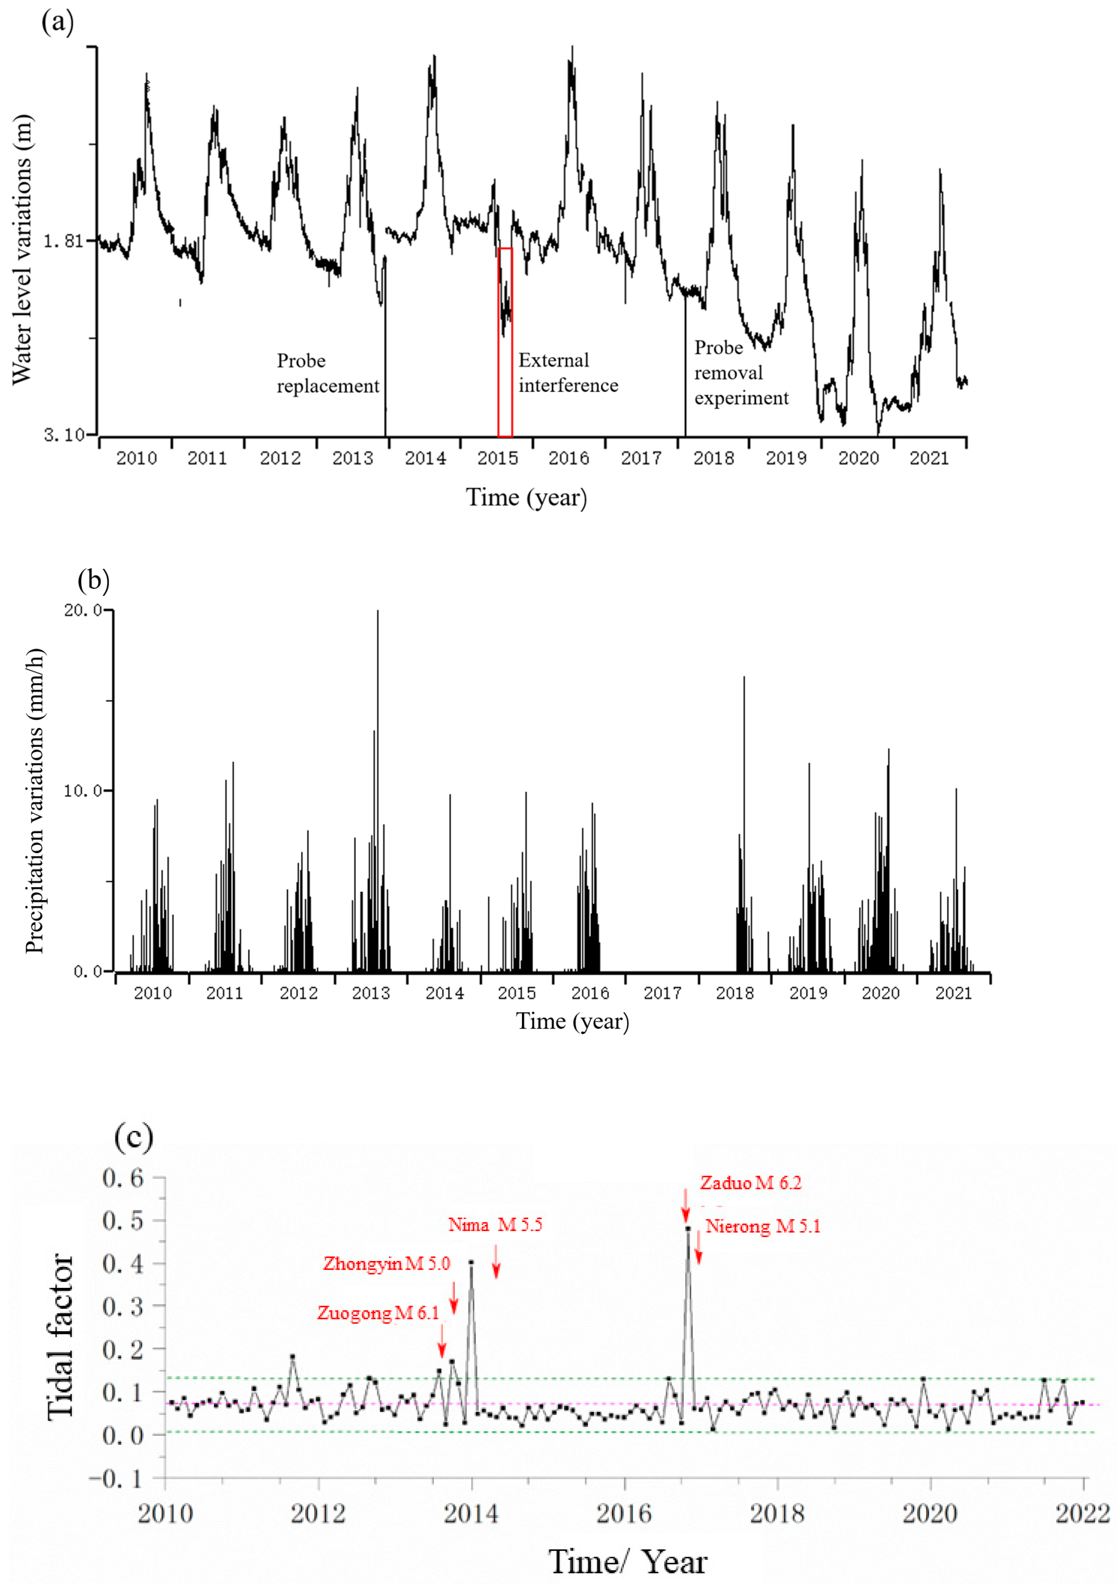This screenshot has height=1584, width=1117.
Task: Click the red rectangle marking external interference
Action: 505,342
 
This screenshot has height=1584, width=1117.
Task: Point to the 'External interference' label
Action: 568,373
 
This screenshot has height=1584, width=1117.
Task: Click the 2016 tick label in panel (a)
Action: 568,458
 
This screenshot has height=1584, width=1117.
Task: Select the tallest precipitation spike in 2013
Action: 378,614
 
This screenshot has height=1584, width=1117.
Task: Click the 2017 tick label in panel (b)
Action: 662,993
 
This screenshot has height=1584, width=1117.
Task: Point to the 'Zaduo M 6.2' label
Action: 751,1183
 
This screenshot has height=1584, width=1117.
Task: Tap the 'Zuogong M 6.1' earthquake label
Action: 378,1313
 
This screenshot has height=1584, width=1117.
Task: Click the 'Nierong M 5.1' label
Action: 762,1226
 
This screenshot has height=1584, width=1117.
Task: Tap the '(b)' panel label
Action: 94,580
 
